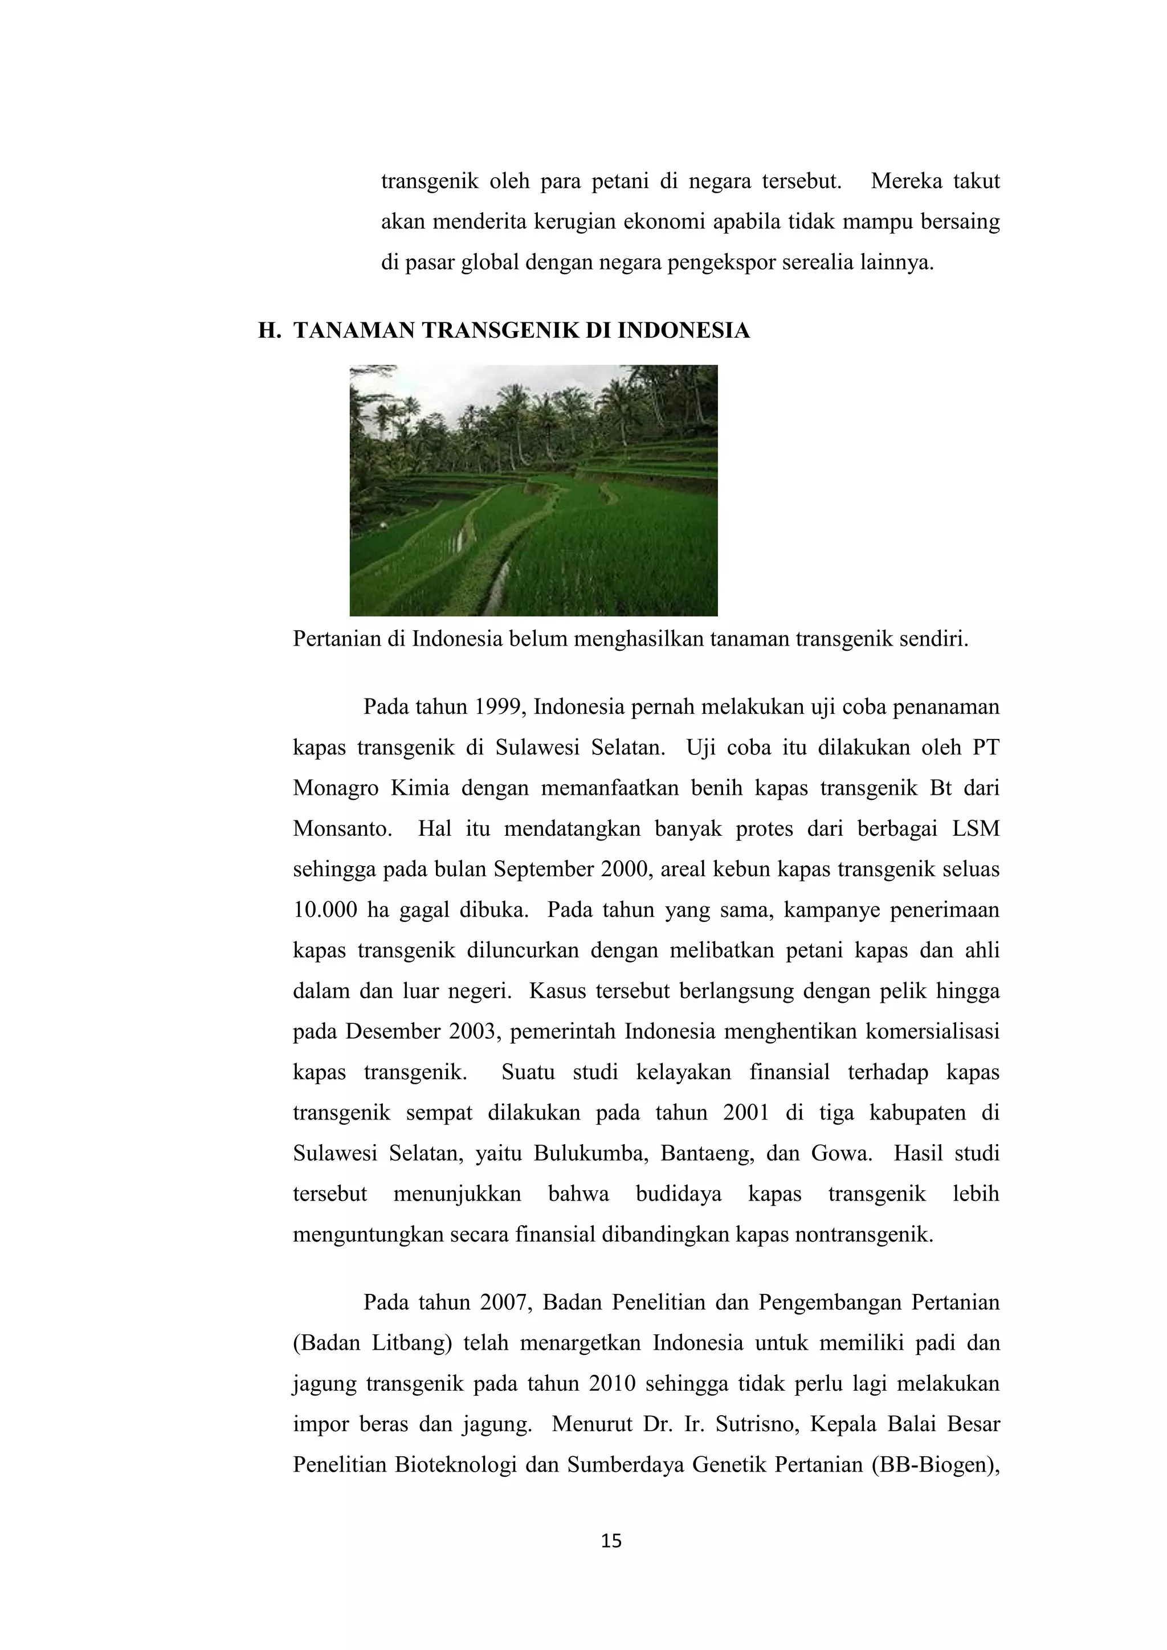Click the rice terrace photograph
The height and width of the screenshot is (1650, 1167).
click(x=533, y=491)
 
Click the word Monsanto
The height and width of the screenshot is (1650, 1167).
click(x=341, y=830)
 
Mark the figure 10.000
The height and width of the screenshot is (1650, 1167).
click(x=325, y=910)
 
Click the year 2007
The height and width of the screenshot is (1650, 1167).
click(x=506, y=1303)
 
